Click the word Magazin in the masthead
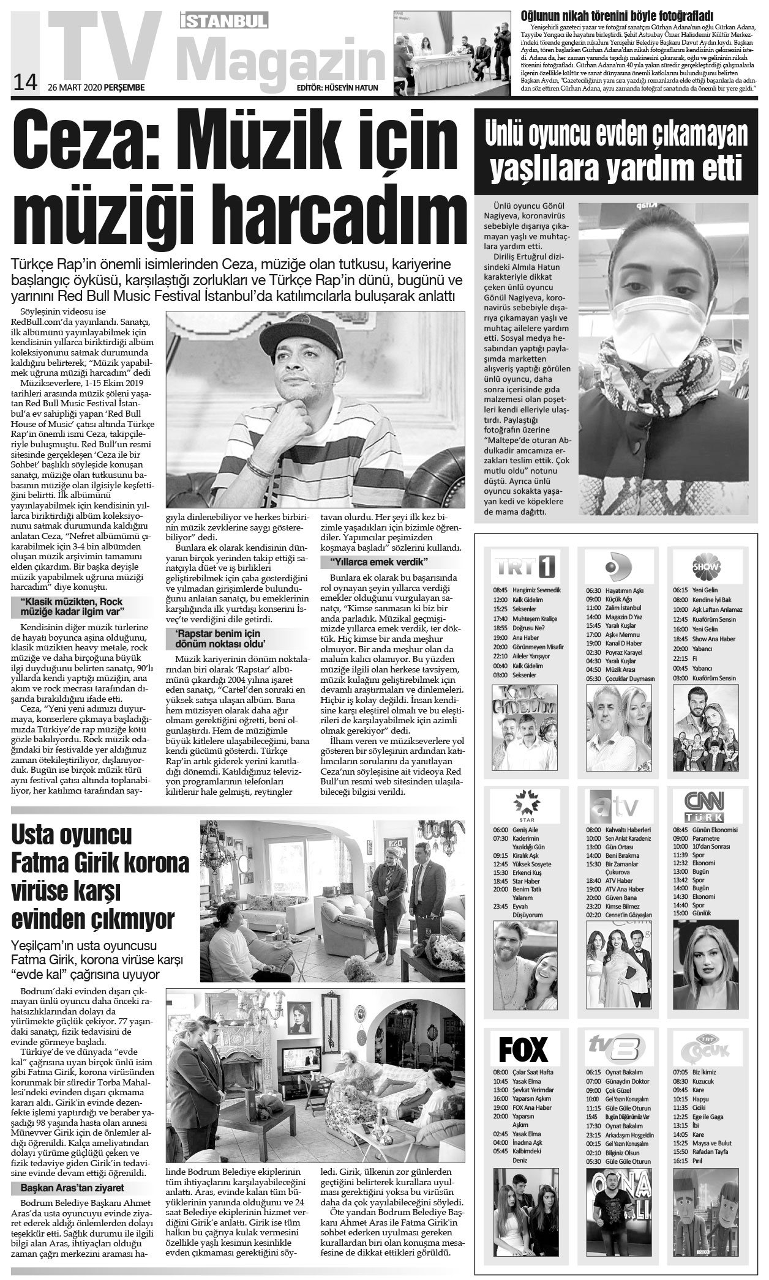pyautogui.click(x=281, y=58)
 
